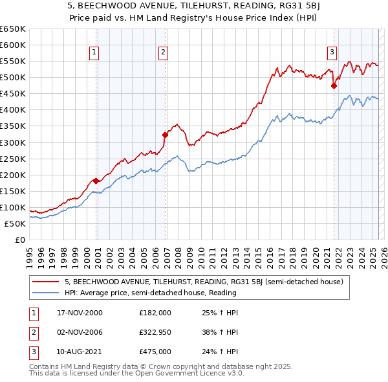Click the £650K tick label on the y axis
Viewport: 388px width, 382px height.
pyautogui.click(x=14, y=29)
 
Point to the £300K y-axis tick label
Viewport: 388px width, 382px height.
pyautogui.click(x=14, y=142)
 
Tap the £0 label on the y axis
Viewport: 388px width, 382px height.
pyautogui.click(x=20, y=240)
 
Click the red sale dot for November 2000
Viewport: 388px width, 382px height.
pyautogui.click(x=96, y=181)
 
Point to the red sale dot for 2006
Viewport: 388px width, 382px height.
pyautogui.click(x=165, y=135)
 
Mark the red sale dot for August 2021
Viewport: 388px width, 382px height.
pyautogui.click(x=334, y=85)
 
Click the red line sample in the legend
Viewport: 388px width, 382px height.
pyautogui.click(x=46, y=282)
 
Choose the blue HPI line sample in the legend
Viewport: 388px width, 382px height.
pyautogui.click(x=46, y=293)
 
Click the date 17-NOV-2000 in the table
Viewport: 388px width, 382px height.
pyautogui.click(x=75, y=312)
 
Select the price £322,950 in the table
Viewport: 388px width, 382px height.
pyautogui.click(x=155, y=333)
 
